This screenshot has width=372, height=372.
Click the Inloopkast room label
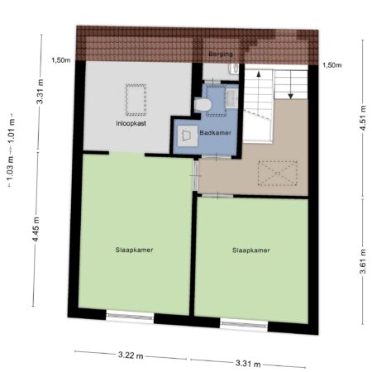click(131, 123)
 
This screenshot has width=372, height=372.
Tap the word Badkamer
click(216, 133)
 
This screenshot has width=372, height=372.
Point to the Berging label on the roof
click(221, 54)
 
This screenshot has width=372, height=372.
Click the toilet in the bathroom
click(203, 105)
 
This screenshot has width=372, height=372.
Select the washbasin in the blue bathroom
click(231, 98)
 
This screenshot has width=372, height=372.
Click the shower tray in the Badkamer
click(188, 136)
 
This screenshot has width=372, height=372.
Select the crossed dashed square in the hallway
click(278, 173)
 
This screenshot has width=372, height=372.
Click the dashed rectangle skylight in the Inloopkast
click(136, 100)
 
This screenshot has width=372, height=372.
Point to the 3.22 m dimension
click(131, 355)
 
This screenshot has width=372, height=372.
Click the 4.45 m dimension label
click(36, 229)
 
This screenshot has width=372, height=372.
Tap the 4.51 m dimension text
click(363, 118)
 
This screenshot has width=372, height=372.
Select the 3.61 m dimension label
click(363, 261)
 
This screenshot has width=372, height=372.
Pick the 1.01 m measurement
click(12, 132)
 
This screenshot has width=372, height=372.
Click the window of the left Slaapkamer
click(130, 317)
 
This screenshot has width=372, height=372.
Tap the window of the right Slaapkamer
click(244, 325)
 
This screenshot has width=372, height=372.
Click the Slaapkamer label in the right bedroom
click(250, 250)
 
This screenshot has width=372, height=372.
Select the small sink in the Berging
click(235, 69)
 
